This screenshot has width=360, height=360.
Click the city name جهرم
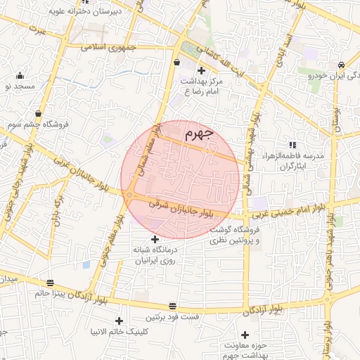pos(200,134)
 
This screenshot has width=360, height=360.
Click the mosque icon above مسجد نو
pos(19,75)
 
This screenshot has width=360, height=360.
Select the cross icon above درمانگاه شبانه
pos(155,240)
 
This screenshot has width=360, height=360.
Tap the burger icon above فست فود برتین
pos(173,304)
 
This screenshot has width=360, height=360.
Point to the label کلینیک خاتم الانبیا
pos(122,330)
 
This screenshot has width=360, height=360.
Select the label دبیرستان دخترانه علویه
pos(86,11)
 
